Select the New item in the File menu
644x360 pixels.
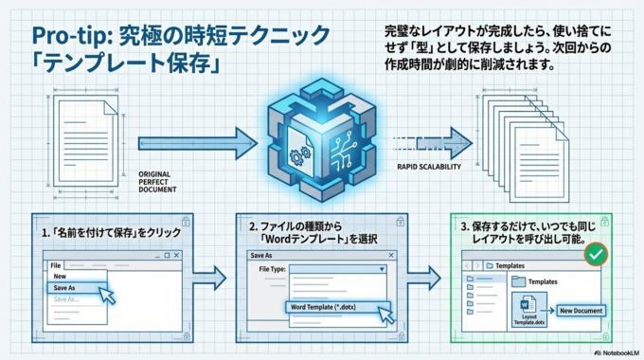[x=60, y=277]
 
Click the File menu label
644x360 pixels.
[x=56, y=265]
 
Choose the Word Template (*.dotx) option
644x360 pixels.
[x=337, y=309]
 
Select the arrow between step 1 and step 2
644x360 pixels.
[x=214, y=278]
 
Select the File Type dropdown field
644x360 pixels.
[x=337, y=269]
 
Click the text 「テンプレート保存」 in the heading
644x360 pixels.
[x=117, y=67]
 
